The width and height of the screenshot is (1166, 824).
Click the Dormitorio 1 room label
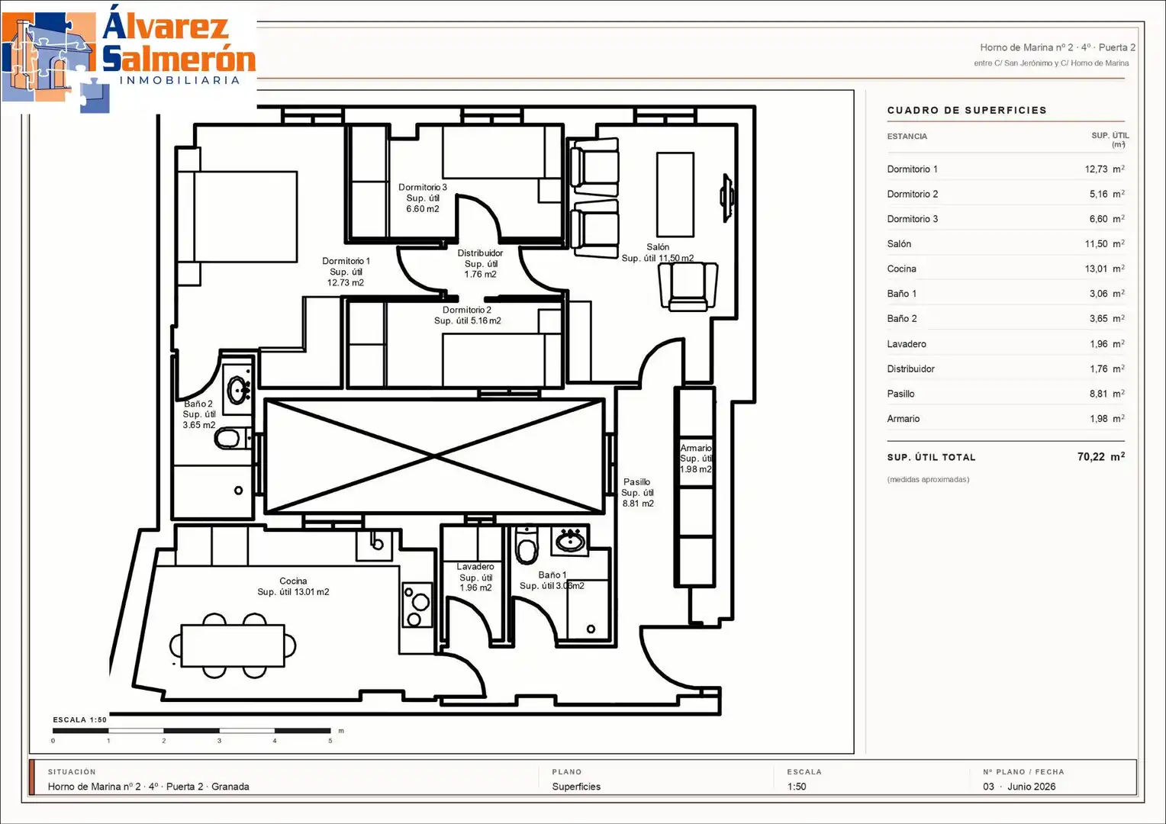(346, 271)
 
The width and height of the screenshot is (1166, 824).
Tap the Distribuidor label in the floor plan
(480, 263)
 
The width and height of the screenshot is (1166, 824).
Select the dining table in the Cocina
(233, 645)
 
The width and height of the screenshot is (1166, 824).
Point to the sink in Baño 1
(570, 541)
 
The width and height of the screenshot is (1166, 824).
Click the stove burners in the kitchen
(417, 604)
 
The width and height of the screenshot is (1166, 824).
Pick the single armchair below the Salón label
(688, 286)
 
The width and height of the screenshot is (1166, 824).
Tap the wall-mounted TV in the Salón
(727, 198)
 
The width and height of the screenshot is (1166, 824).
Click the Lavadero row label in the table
(907, 343)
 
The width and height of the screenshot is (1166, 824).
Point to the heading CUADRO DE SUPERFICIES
(967, 110)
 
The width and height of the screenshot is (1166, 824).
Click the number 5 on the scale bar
(330, 741)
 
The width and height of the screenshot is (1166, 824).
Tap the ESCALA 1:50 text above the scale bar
(79, 719)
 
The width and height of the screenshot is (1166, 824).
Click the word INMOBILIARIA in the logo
(179, 80)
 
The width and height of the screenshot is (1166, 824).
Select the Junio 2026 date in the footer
(1031, 786)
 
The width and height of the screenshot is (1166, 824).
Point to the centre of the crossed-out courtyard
(435, 456)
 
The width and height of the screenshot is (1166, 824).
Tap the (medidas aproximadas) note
(928, 479)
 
